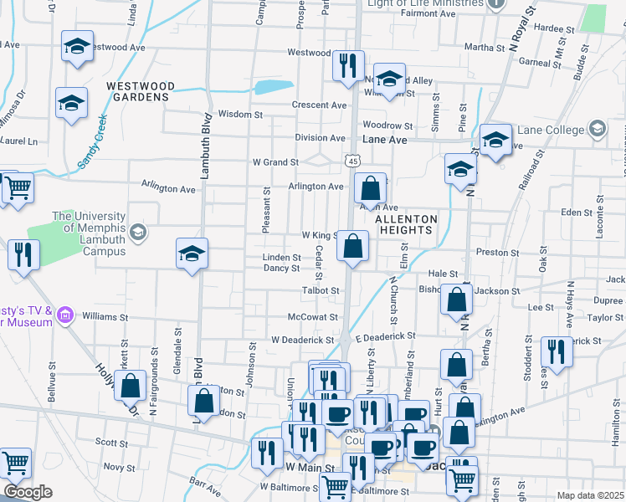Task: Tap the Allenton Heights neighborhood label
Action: (x=406, y=224)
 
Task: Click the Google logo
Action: (x=28, y=492)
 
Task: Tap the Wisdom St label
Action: (x=240, y=114)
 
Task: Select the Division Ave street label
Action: (x=320, y=137)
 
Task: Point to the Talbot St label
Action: (x=321, y=290)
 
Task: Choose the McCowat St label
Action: (x=311, y=317)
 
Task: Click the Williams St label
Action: (x=104, y=317)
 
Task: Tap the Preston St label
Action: (x=491, y=251)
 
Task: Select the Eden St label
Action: (x=576, y=213)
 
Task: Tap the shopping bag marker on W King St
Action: (x=353, y=246)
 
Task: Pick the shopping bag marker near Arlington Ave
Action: (x=369, y=188)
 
